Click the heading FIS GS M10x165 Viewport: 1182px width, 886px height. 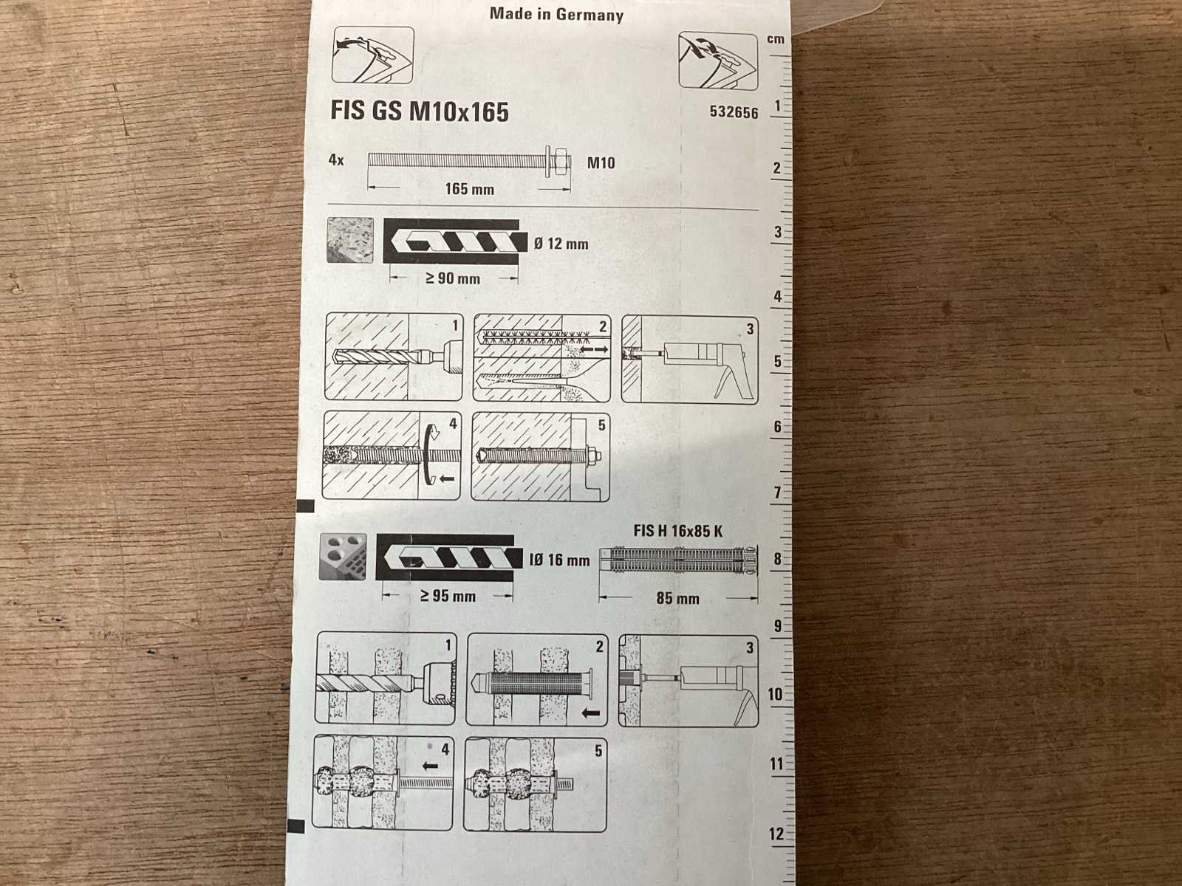(419, 111)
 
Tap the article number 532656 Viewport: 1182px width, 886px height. (734, 112)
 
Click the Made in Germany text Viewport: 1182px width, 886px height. (556, 15)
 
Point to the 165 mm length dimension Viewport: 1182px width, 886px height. (469, 189)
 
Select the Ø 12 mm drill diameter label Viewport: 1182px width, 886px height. (561, 244)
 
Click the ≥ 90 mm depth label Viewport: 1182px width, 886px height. (452, 278)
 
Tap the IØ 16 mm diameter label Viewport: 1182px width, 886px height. (559, 560)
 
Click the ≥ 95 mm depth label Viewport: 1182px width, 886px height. (448, 596)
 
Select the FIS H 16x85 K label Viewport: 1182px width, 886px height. (678, 531)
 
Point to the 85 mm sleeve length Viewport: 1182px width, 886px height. (677, 598)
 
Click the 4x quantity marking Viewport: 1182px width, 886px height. (336, 159)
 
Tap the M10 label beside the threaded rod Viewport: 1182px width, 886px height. (601, 162)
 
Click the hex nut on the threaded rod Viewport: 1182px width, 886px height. (561, 160)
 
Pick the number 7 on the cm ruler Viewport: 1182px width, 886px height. (777, 492)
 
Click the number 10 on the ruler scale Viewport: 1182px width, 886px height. (775, 695)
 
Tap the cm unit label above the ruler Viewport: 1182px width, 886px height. (776, 39)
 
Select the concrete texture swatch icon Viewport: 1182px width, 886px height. (350, 240)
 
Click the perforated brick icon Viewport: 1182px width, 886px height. (343, 557)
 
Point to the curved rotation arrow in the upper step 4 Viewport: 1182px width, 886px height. (429, 455)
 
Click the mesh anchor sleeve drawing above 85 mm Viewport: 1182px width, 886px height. (678, 560)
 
